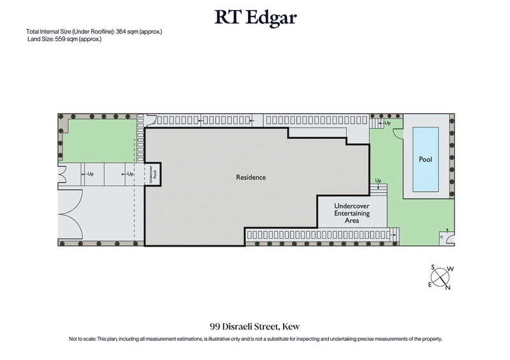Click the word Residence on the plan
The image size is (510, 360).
click(x=251, y=177)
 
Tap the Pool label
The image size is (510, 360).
click(x=425, y=159)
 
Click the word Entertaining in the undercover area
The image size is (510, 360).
click(x=353, y=213)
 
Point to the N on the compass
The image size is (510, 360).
click(x=448, y=287)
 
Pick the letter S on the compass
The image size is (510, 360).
click(x=433, y=268)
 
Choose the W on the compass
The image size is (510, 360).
click(x=451, y=270)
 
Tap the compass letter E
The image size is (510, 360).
click(x=430, y=285)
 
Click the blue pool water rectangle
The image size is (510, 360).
click(x=425, y=159)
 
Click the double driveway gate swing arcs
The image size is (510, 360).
click(x=70, y=213)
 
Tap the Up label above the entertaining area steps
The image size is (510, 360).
click(x=378, y=181)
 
